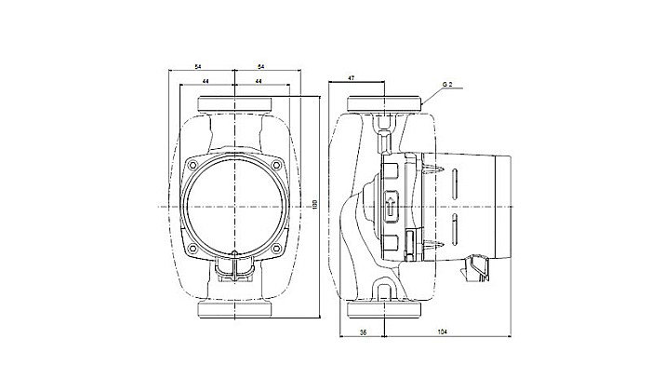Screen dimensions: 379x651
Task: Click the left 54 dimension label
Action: tap(199, 67)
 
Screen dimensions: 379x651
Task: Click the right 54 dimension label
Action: tap(260, 67)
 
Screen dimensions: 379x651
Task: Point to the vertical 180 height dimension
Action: tap(314, 203)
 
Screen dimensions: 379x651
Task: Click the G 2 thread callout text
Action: tap(446, 85)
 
